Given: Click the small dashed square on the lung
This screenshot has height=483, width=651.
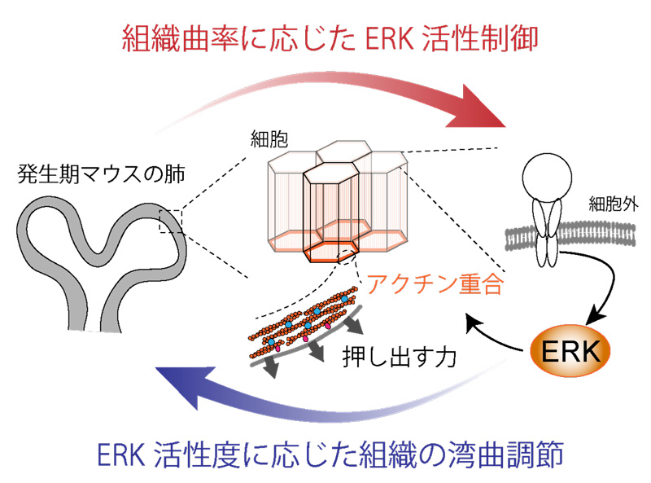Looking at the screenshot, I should (x=171, y=220).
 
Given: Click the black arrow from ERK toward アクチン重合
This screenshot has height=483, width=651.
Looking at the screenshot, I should (x=496, y=336).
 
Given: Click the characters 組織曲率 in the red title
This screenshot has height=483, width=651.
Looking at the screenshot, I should (x=180, y=37).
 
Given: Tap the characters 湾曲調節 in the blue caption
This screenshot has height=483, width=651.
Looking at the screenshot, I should (x=505, y=454).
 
